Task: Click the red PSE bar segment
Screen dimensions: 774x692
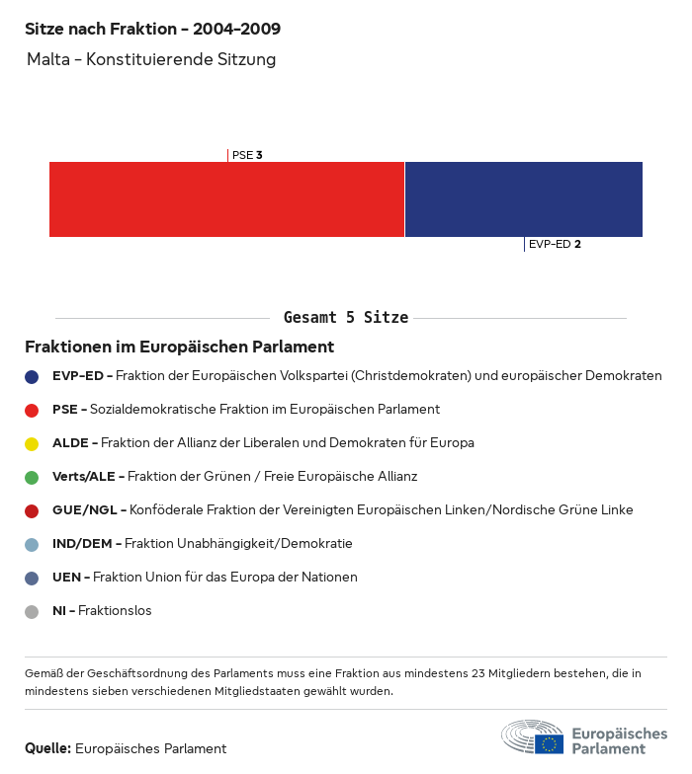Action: [226, 199]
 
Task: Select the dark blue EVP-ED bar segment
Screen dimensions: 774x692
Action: [523, 199]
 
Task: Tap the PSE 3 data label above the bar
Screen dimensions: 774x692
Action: [246, 155]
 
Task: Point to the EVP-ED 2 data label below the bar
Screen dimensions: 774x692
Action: [554, 244]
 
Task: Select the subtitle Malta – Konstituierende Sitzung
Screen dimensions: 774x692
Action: [151, 60]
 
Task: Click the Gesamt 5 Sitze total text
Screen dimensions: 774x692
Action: [345, 318]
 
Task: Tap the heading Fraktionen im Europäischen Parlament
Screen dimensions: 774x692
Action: [179, 348]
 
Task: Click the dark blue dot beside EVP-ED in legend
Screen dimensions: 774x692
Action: [32, 376]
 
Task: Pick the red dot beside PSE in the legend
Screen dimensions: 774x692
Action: [32, 410]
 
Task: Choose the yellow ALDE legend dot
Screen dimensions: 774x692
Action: [32, 443]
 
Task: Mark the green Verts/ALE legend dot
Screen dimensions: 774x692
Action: [32, 477]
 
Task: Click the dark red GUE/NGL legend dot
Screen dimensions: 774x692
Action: [32, 510]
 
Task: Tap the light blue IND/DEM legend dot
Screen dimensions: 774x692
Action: [32, 544]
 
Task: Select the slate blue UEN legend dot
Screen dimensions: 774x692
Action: [32, 578]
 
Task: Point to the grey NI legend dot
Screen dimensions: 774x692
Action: [32, 611]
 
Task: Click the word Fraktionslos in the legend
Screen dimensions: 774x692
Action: [115, 611]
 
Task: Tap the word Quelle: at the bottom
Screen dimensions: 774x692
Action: [47, 748]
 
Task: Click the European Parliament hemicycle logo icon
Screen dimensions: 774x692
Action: [531, 737]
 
